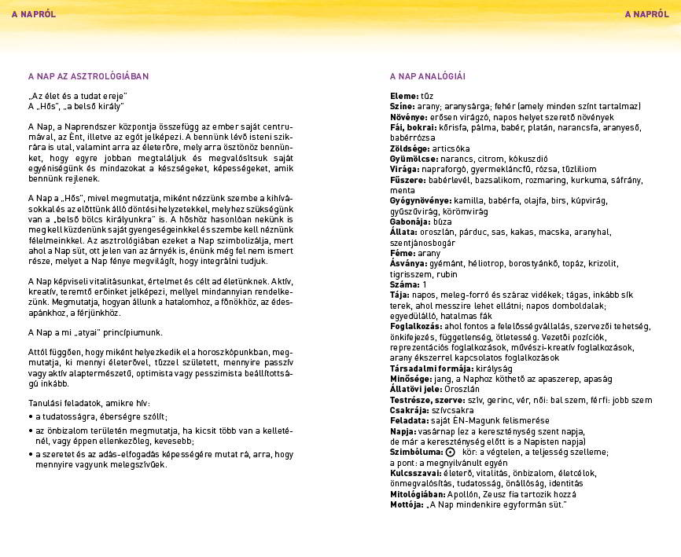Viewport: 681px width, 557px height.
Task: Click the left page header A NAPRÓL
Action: click(33, 13)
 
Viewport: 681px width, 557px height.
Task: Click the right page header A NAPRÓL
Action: click(646, 13)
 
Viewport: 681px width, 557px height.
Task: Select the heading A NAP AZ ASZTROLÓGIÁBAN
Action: click(88, 76)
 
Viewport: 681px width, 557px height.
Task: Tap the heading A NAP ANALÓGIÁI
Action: click(428, 76)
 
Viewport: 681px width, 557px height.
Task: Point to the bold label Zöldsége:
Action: click(410, 148)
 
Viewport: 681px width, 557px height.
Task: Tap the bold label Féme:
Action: click(403, 254)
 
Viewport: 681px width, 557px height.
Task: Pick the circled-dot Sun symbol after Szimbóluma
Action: click(450, 453)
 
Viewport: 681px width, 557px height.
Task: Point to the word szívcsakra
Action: click(454, 410)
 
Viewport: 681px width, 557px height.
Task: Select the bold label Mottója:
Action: click(407, 504)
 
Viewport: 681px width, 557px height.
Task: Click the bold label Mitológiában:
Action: click(417, 494)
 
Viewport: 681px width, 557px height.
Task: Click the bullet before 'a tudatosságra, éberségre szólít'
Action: click(30, 416)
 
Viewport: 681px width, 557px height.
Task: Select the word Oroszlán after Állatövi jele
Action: click(462, 389)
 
